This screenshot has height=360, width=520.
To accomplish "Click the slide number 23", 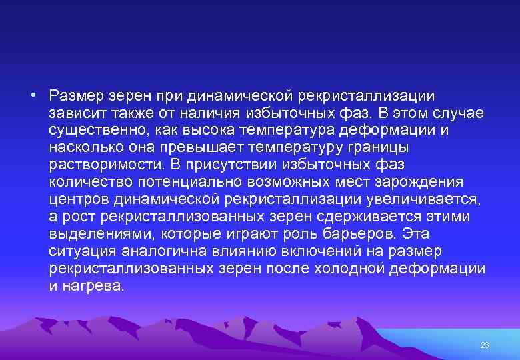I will [485, 345].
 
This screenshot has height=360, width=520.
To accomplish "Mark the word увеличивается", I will [439, 199].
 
